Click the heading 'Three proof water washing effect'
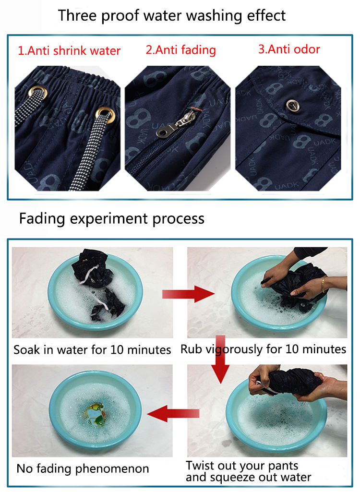point(172,16)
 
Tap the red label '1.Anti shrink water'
point(69,50)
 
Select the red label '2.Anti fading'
point(181,50)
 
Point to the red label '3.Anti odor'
point(289,49)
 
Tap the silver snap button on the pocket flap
point(292,105)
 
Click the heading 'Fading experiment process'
point(112,219)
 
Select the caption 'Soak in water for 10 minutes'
point(92,349)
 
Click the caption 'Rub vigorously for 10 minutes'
point(264,349)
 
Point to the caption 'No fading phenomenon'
point(83,468)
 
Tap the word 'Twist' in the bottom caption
point(199,465)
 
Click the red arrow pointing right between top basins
point(188,294)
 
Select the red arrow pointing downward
point(221,359)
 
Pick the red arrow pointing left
point(173,413)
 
